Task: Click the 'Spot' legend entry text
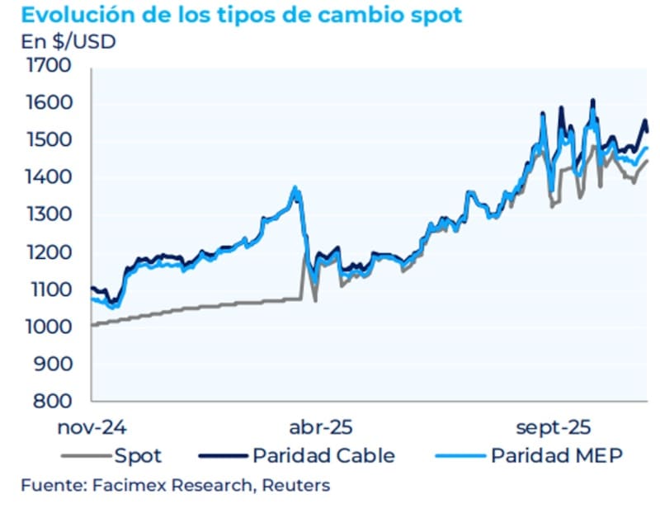point(138,455)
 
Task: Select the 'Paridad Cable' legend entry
point(323,455)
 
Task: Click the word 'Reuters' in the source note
point(296,485)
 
